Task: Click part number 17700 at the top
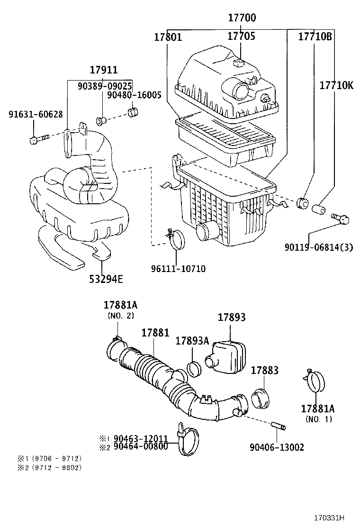coord(242,18)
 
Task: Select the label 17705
coord(241,36)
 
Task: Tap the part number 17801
coord(168,36)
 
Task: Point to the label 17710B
coord(315,36)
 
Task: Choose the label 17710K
coord(336,85)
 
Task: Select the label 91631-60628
coord(36,115)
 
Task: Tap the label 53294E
coord(106,279)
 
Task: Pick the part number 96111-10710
coord(178,269)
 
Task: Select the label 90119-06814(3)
coord(318,247)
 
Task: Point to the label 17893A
coord(192,341)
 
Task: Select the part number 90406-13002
coord(277,447)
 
